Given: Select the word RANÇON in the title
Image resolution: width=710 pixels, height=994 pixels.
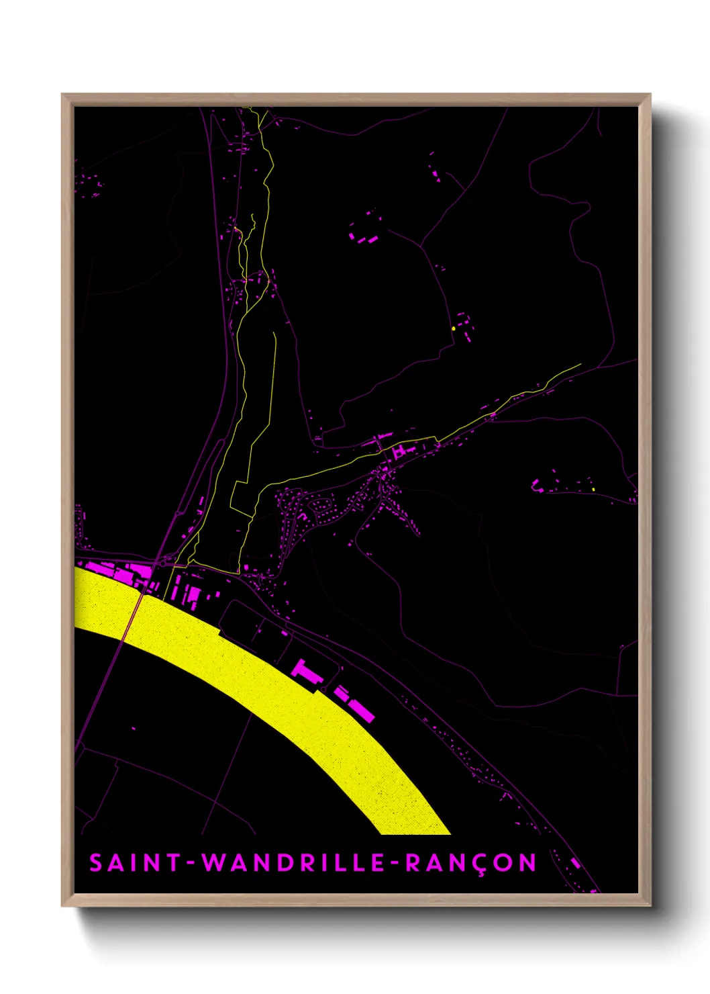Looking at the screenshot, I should [x=470, y=863].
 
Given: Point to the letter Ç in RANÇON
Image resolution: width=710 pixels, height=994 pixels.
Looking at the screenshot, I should [x=482, y=864].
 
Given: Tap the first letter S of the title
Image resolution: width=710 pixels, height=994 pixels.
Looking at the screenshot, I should [x=96, y=862].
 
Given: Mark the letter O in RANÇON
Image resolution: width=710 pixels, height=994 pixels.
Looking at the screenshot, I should [x=505, y=862].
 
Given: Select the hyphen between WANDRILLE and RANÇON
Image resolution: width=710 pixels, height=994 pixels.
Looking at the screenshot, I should [x=395, y=863].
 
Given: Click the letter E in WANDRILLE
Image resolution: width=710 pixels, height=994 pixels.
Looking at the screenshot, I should [x=376, y=862].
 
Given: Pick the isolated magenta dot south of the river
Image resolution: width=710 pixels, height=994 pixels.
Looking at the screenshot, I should [x=133, y=729].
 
